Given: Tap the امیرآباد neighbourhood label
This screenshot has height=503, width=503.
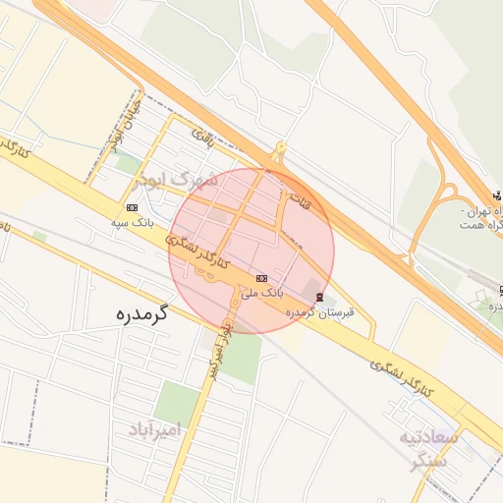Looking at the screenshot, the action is click(156, 429).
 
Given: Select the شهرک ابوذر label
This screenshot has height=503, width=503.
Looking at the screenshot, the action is click(177, 181).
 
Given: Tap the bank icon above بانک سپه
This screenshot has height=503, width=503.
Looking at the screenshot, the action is click(132, 207).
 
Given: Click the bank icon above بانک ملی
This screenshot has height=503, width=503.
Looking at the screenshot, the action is click(259, 278).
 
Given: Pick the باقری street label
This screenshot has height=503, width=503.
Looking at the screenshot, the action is click(201, 133).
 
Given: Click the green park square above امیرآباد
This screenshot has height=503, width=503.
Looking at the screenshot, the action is click(177, 401).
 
